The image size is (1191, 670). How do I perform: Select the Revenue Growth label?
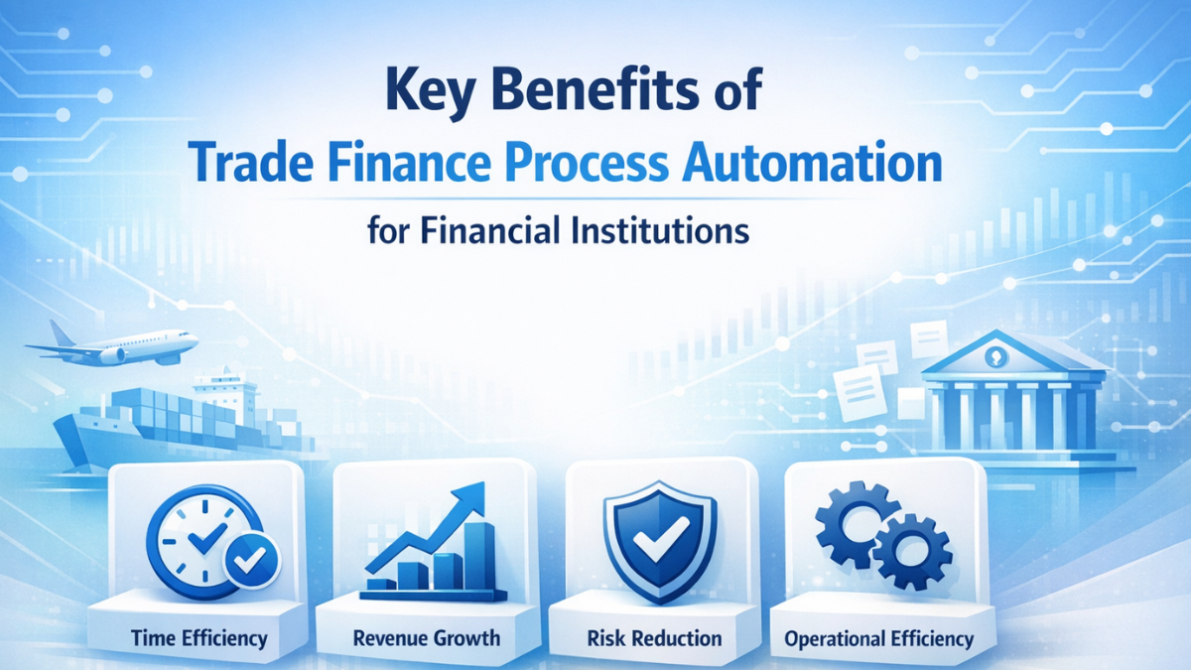pyautogui.click(x=428, y=636)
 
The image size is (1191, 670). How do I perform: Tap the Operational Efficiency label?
pyautogui.click(x=878, y=638)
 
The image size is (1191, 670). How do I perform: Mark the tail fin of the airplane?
pyautogui.click(x=61, y=333)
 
